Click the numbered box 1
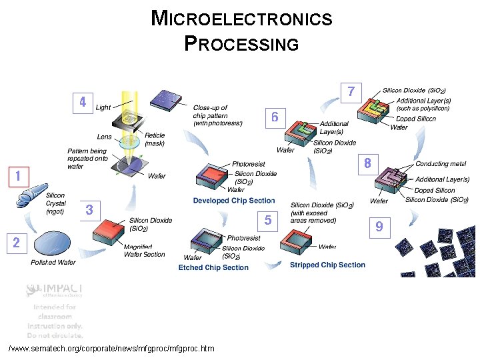click(17, 177)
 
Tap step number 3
click(89, 211)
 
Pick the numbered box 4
click(82, 103)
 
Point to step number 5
click(267, 220)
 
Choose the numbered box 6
click(274, 117)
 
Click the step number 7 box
click(351, 91)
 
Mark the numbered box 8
click(367, 163)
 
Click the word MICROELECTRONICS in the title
click(241, 18)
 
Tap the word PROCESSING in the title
click(241, 44)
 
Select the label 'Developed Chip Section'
click(234, 201)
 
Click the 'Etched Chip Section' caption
click(213, 268)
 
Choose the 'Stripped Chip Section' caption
click(327, 265)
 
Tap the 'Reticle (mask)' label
click(155, 139)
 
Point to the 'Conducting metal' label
click(441, 164)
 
